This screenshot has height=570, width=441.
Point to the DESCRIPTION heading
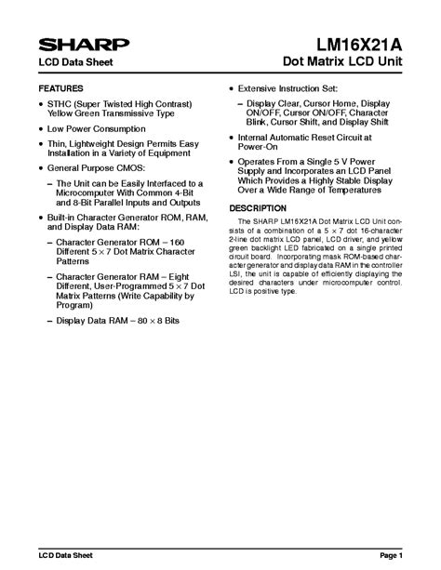[258, 206]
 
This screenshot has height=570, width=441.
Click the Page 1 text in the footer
[390, 556]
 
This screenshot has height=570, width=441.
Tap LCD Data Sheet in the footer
[66, 556]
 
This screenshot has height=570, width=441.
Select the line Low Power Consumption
[97, 128]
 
